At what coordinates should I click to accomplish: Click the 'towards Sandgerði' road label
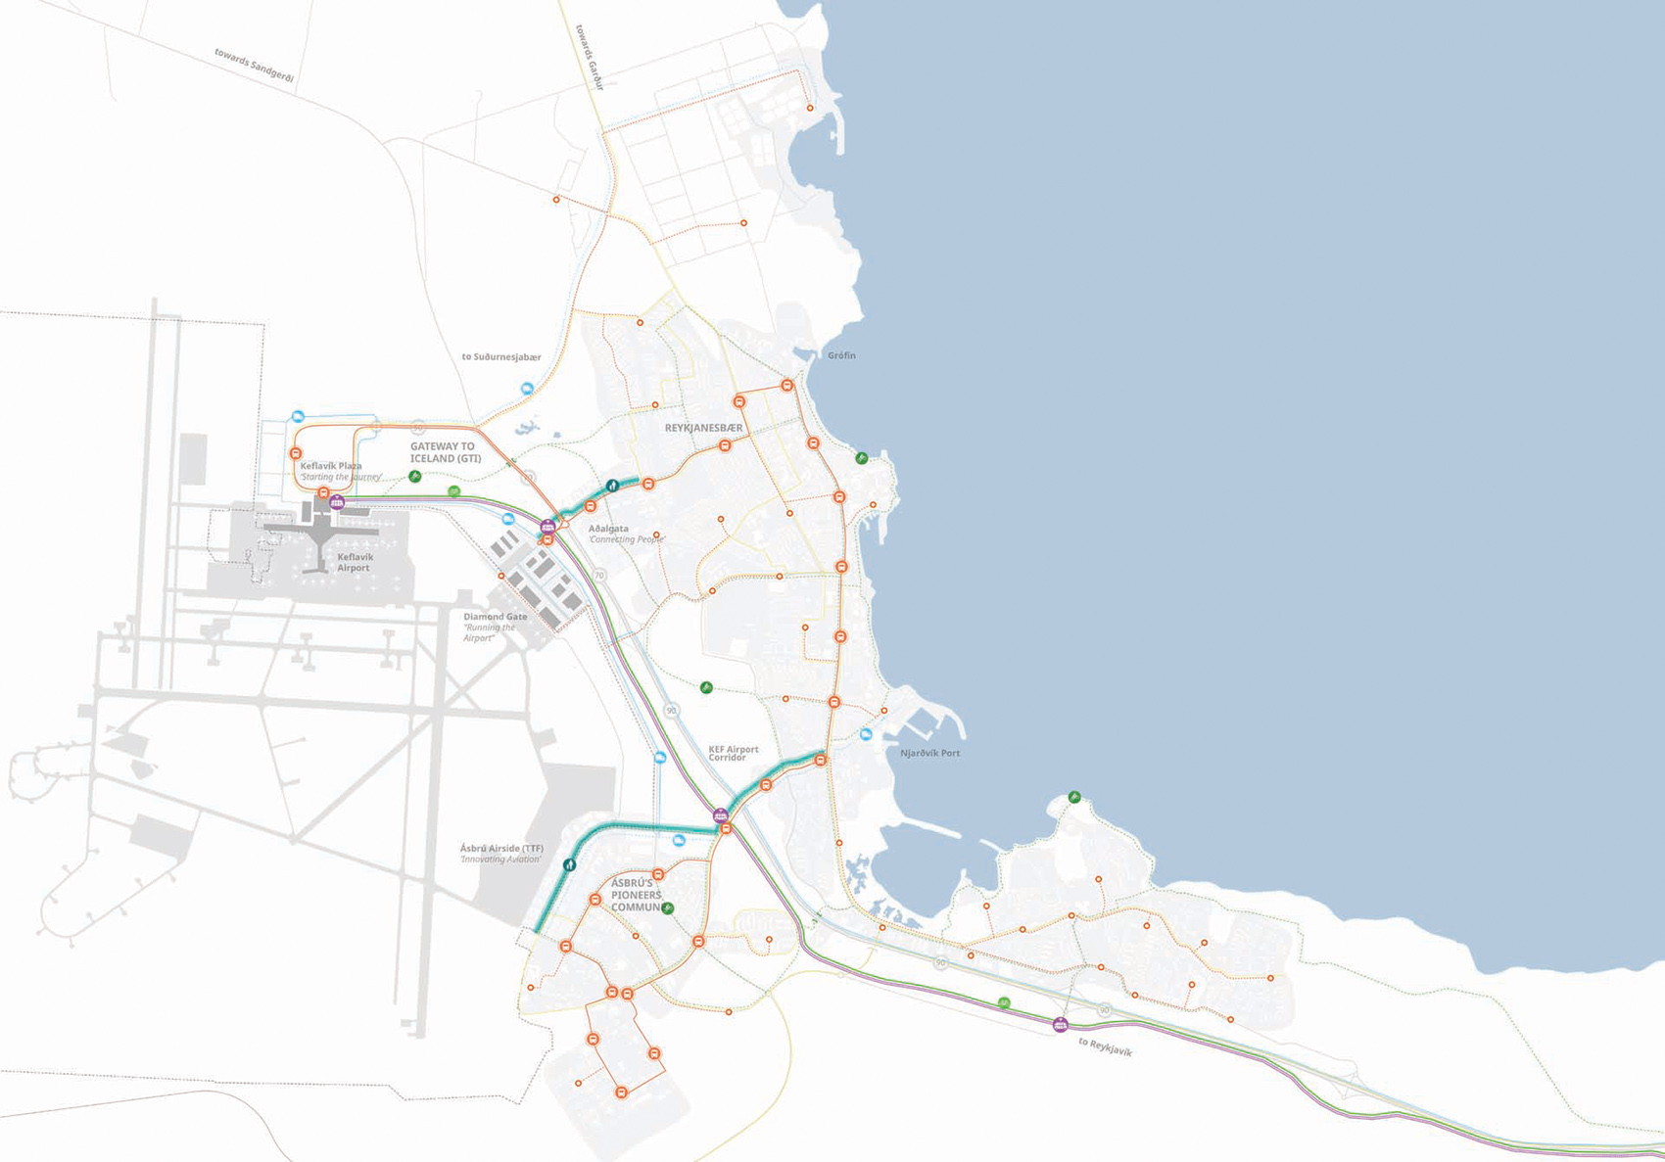pos(254,66)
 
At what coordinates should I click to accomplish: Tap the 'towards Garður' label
pos(590,57)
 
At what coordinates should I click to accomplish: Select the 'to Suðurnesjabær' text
pos(500,357)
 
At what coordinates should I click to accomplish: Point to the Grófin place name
pos(841,355)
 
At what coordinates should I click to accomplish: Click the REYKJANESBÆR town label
pos(703,428)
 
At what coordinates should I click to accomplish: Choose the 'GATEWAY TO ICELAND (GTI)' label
pos(445,452)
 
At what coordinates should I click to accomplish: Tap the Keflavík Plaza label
pos(331,466)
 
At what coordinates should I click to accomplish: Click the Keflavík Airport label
pos(355,562)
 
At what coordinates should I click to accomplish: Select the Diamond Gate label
pos(495,617)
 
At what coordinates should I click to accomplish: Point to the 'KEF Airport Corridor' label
pos(733,753)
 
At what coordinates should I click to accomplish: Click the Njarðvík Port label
pos(929,753)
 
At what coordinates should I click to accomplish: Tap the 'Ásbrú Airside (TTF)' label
pos(501,849)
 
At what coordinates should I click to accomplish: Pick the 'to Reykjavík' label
pos(1105,1046)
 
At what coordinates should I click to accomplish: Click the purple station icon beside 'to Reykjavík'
pos(1060,1025)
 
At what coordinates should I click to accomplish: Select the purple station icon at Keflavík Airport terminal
pos(338,502)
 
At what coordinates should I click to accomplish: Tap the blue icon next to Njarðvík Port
pos(866,734)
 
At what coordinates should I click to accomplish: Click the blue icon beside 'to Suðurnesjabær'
pos(527,389)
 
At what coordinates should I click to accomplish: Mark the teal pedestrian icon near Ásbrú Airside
pos(569,864)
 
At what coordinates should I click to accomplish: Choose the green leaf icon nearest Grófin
pos(861,457)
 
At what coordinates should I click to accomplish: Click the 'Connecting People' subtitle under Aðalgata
pos(627,539)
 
